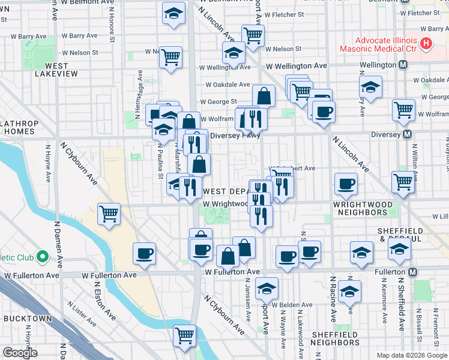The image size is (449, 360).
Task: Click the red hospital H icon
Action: pos(426,43)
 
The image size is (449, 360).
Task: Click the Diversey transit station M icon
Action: pos(408,134)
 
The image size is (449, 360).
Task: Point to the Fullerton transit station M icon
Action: pos(413,272)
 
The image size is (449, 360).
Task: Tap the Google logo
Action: pos(20,353)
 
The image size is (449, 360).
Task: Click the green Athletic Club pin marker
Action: pos(42,257)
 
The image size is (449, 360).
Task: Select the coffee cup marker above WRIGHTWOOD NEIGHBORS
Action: pos(345,185)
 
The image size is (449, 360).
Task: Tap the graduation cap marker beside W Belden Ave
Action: pos(267,289)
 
